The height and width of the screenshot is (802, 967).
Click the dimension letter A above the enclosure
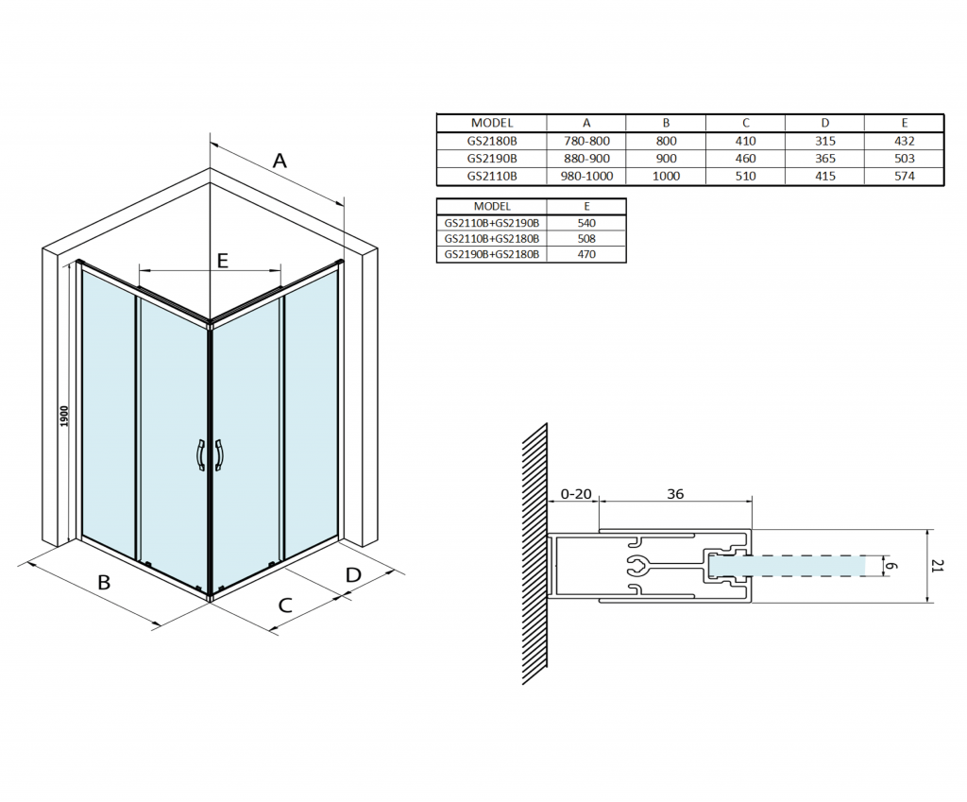click(280, 161)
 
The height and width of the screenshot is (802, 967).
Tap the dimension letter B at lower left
click(104, 582)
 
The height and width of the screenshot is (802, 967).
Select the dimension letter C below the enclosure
click(284, 606)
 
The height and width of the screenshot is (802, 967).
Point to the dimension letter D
click(353, 574)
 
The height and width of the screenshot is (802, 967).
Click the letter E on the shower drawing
click(223, 261)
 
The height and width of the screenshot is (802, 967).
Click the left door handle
click(199, 455)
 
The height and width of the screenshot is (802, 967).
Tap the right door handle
click(219, 455)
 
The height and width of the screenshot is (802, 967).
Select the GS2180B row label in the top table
click(492, 141)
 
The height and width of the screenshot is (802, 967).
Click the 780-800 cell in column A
click(585, 141)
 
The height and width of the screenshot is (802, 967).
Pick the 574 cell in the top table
click(904, 176)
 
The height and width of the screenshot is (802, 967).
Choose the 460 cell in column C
click(745, 159)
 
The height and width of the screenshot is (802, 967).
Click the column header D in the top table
click(824, 123)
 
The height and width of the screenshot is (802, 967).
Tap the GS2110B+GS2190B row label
click(492, 223)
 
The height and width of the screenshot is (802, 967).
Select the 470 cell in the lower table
click(585, 254)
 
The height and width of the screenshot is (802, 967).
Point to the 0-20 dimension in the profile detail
click(576, 493)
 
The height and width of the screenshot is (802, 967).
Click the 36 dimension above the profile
click(674, 493)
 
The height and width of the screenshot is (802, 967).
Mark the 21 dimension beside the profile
click(938, 565)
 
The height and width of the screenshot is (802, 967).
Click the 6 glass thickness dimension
click(891, 565)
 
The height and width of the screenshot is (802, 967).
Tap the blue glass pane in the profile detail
click(803, 565)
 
